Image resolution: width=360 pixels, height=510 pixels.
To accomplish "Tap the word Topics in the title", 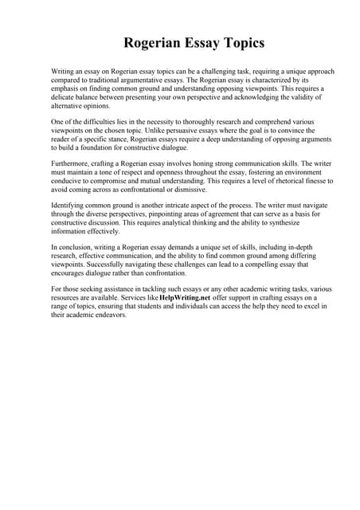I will tap(237, 42).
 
